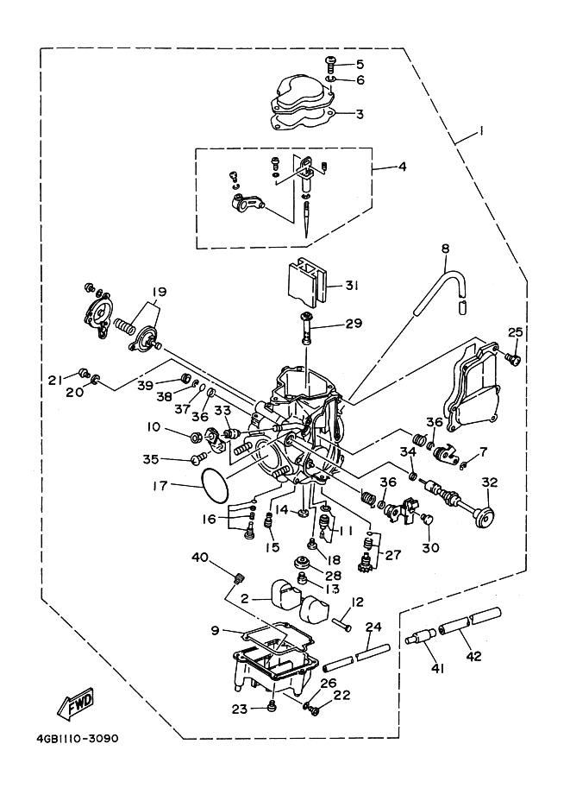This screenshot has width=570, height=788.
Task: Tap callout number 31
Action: pyautogui.click(x=352, y=286)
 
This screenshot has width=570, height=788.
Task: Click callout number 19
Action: pyautogui.click(x=160, y=291)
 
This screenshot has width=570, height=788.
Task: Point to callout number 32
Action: pyautogui.click(x=489, y=482)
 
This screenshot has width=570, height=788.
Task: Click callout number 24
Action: pyautogui.click(x=373, y=627)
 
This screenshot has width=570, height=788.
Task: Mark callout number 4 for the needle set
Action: pyautogui.click(x=401, y=167)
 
